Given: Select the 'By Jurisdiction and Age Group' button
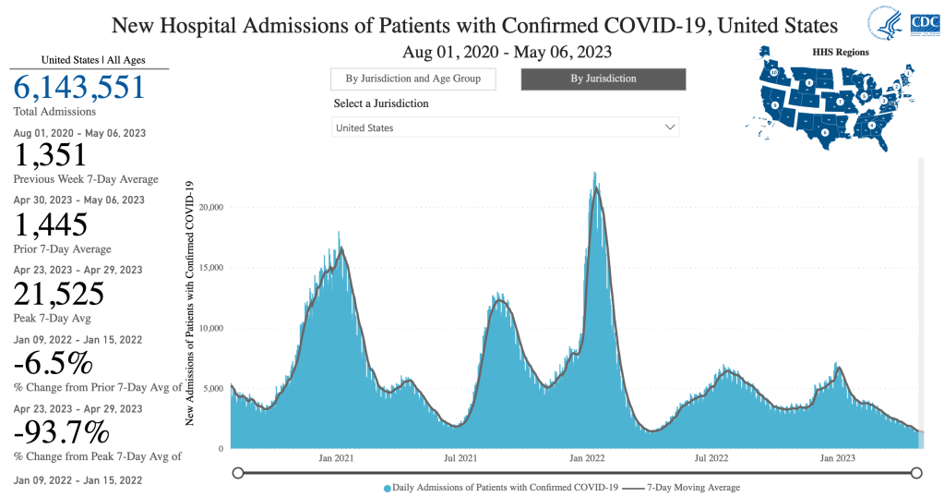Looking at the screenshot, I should coord(412,79).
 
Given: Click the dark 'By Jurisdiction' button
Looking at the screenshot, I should coord(603,79).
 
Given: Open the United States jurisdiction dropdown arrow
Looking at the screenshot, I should coord(670,127).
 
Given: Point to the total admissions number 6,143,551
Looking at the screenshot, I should coord(79,88).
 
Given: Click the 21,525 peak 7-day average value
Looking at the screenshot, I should coord(58,294).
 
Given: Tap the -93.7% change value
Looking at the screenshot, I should coord(62,431).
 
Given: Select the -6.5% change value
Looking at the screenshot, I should coord(53,363).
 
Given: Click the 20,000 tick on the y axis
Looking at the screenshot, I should coord(211,207).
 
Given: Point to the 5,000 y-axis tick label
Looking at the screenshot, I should coord(213,388).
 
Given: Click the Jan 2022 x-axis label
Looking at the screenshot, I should coord(587,458).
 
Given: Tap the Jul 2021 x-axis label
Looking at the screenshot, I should coord(460,458).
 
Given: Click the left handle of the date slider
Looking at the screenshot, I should coord(238,473).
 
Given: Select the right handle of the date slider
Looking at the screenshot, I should coord(917,473).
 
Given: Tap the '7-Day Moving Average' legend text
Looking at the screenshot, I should coord(693,487).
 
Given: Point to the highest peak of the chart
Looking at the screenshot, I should coord(595,173).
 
